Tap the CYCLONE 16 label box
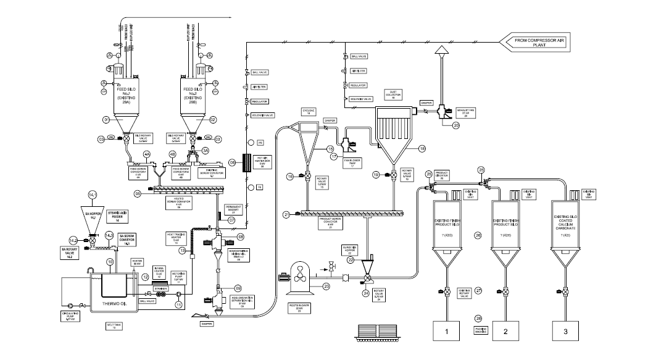pyautogui.click(x=309, y=112)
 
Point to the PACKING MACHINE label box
pyautogui.click(x=478, y=331)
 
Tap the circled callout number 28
pyautogui.click(x=478, y=319)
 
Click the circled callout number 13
pyautogui.click(x=182, y=250)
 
